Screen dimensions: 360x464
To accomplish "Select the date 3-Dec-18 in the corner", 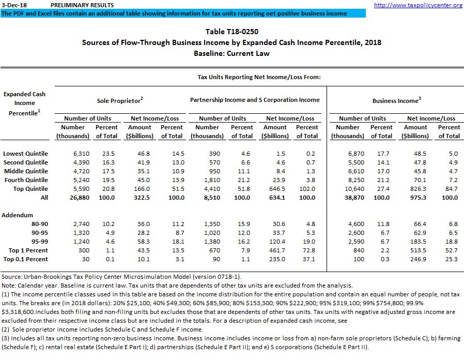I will coord(14,5).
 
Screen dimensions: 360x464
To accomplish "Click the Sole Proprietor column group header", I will coord(120,100).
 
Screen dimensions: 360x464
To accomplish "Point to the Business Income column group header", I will coord(396,100).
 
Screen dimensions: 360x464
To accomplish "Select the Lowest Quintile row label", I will coord(25,154).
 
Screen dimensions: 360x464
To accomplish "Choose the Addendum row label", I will coord(18,215).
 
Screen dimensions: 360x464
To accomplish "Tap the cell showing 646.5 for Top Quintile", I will coord(275,189).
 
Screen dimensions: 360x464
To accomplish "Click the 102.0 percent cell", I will coord(307,189).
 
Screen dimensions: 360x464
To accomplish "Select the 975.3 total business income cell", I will coord(415,198).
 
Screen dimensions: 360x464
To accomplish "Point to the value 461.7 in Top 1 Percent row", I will coord(275,250).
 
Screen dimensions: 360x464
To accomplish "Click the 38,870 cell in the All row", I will coord(347,198).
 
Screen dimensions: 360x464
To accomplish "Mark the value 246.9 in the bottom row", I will coord(415,259).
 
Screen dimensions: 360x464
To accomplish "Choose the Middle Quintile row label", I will coord(25,171).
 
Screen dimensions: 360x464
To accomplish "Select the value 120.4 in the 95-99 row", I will coord(275,242).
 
